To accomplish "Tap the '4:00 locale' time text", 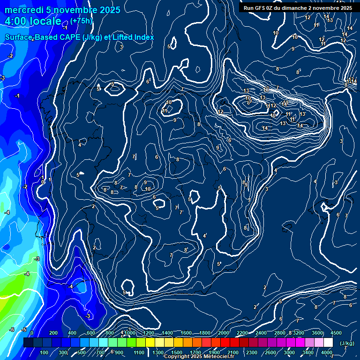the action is [33, 21].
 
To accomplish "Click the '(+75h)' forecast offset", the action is [82, 21].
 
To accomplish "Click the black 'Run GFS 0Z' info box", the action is [298, 8].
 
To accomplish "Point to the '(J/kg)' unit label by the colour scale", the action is [346, 343].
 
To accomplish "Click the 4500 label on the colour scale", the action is [336, 333].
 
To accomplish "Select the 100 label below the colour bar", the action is [45, 352].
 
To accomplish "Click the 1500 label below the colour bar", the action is [177, 352].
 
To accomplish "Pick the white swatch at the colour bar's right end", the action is [328, 343].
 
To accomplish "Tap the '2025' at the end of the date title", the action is [110, 10].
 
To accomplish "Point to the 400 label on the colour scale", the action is [72, 333].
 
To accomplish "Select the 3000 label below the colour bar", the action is [289, 352].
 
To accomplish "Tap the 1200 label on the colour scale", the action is [149, 333].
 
